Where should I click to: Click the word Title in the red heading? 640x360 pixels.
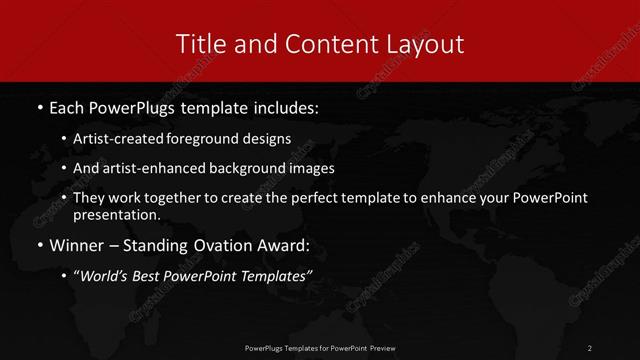[199, 44]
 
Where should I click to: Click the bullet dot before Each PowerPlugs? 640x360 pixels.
[39, 105]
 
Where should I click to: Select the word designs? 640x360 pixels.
[268, 139]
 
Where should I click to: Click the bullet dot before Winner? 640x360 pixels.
[39, 245]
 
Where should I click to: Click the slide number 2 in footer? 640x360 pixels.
[590, 347]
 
